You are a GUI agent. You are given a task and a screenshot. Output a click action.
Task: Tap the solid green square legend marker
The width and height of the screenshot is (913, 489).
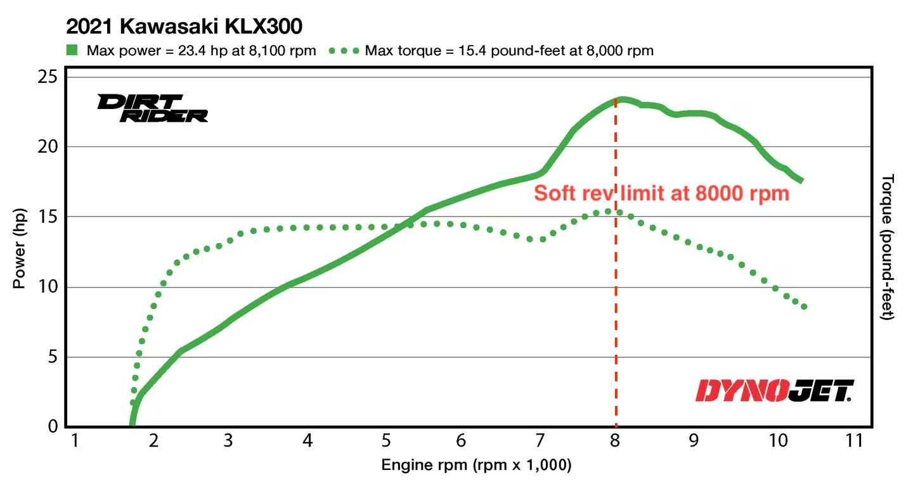click(x=73, y=50)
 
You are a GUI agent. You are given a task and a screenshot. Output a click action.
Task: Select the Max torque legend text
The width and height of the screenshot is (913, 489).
click(x=509, y=51)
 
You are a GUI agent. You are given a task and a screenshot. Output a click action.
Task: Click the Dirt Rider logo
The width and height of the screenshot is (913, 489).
click(x=152, y=108)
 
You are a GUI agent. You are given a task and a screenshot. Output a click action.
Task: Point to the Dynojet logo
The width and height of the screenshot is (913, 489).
click(x=775, y=390)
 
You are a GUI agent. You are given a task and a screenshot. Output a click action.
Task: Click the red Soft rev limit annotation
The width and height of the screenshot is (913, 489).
click(x=661, y=193)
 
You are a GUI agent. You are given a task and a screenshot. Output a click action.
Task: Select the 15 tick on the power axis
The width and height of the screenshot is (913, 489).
click(x=52, y=217)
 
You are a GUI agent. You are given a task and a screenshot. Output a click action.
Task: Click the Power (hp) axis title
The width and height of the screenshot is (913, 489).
click(x=20, y=250)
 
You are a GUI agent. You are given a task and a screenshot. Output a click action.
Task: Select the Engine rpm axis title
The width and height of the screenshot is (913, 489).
click(x=476, y=466)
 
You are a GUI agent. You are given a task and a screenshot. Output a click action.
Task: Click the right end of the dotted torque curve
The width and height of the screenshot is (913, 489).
click(x=804, y=307)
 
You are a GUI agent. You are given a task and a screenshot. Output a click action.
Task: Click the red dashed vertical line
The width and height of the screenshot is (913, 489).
click(x=616, y=317)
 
